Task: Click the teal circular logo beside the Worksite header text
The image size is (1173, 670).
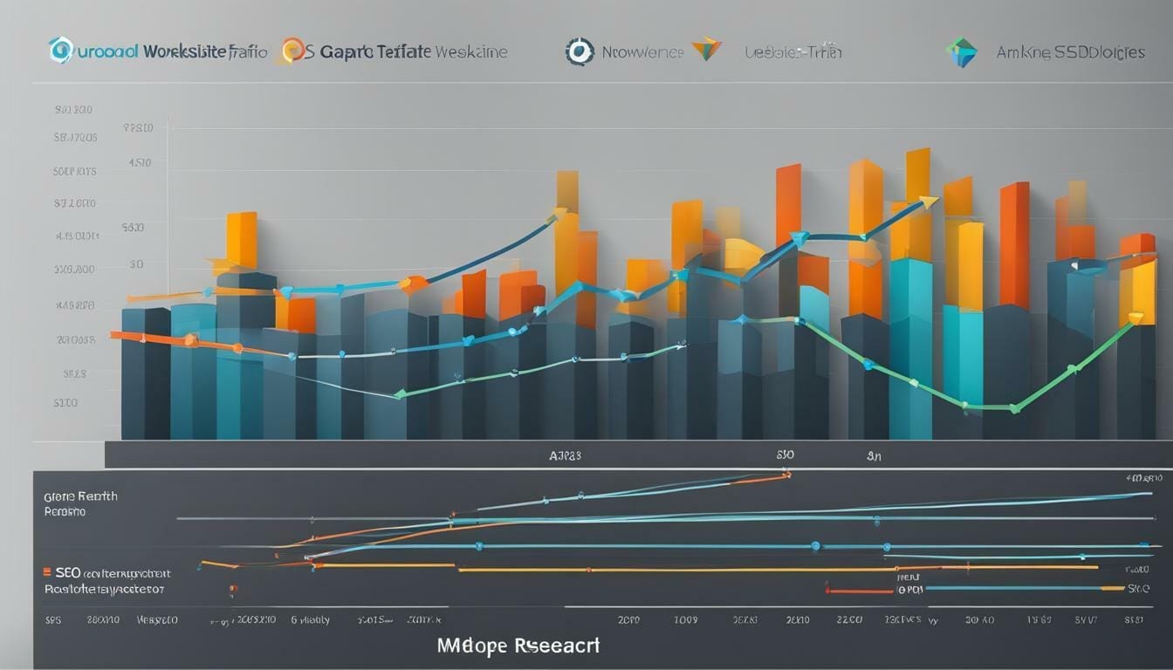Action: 60,51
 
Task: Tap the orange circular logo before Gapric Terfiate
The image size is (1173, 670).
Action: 292,51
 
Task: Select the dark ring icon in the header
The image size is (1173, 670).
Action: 579,51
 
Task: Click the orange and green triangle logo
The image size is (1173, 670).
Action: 705,50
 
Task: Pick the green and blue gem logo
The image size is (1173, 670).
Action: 961,52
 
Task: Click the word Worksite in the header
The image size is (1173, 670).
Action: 184,51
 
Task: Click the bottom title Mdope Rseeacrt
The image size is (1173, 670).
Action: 519,646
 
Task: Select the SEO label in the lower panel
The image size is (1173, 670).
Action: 67,573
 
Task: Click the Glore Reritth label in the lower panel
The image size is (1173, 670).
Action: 80,496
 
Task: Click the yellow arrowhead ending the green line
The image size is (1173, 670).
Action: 1135,318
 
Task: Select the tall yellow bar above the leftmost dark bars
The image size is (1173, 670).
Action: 242,241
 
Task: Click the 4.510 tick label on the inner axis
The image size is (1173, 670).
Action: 140,162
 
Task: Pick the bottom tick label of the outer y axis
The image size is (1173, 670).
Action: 65,403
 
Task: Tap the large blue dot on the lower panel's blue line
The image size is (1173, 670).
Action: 815,546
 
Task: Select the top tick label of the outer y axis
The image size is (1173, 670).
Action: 73,111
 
